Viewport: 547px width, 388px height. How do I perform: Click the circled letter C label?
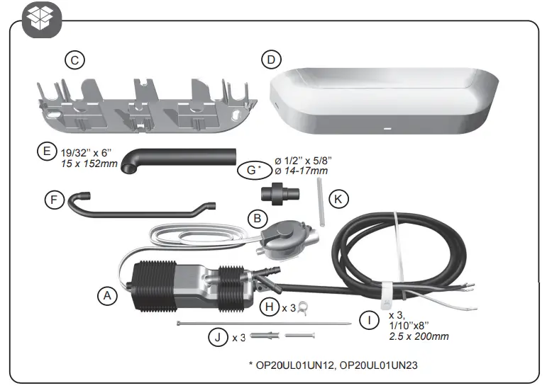pyautogui.click(x=73, y=60)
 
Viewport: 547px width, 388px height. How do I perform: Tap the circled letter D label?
pyautogui.click(x=269, y=60)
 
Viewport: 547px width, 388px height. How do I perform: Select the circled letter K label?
pyautogui.click(x=339, y=200)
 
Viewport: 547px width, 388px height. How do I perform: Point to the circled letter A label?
pyautogui.click(x=106, y=296)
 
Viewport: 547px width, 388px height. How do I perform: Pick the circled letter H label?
pyautogui.click(x=270, y=307)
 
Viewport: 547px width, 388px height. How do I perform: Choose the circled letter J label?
pyautogui.click(x=217, y=336)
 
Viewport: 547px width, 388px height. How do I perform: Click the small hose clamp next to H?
pyautogui.click(x=303, y=307)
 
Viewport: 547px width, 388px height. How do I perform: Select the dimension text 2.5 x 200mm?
pyautogui.click(x=419, y=336)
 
